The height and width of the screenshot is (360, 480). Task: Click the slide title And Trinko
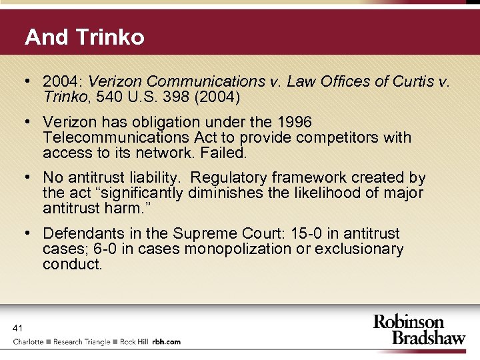(84, 37)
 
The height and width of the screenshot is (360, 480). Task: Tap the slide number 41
(18, 327)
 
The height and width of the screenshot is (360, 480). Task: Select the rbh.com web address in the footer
(167, 341)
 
